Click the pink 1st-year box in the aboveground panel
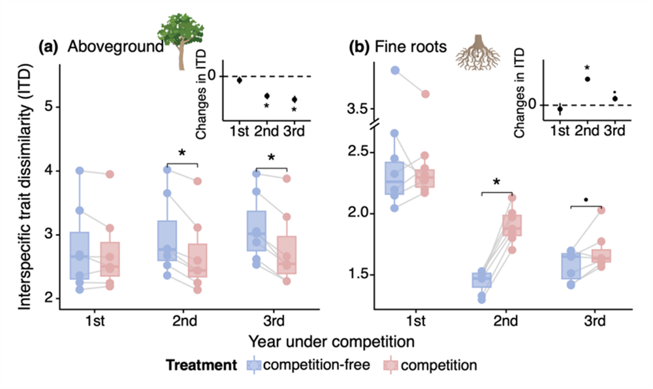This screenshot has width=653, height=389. [x=110, y=259]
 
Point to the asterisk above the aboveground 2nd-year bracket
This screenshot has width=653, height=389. [x=182, y=153]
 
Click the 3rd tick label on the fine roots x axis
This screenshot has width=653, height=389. [x=594, y=320]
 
